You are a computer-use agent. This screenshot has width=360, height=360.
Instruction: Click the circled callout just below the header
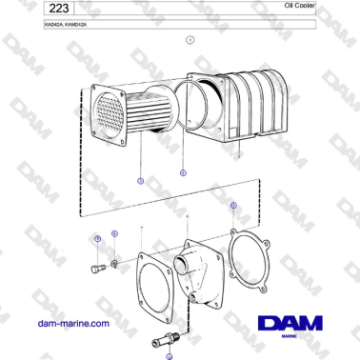[x=190, y=40]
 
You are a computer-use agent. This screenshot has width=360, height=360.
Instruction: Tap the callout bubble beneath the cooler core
[x=140, y=180]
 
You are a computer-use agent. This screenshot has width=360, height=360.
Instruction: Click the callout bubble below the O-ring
[x=183, y=172]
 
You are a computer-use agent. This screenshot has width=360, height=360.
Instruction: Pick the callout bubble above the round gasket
[x=232, y=205]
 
